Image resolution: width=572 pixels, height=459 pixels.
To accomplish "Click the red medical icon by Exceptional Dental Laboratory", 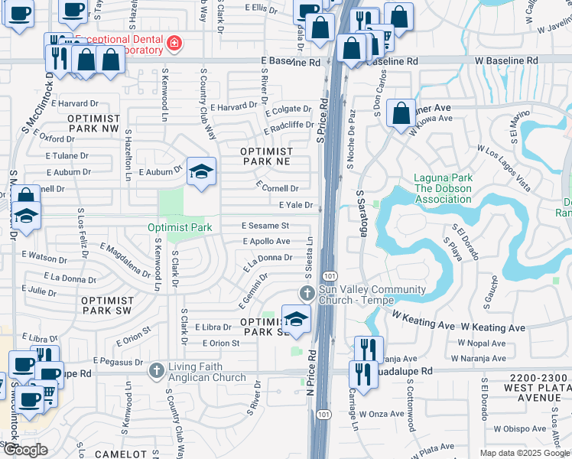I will point(175,43).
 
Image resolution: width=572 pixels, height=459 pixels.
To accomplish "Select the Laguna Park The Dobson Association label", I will point(443,188).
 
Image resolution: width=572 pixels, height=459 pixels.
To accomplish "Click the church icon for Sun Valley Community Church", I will point(307,293).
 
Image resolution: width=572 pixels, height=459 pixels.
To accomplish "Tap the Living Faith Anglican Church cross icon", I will point(157,370).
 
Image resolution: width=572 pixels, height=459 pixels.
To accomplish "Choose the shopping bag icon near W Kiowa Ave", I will point(401,114).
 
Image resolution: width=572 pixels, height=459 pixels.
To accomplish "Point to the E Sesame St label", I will point(265,226).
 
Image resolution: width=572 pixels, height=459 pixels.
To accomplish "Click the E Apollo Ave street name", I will point(266,241).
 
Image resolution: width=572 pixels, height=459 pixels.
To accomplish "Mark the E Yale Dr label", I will point(295,205).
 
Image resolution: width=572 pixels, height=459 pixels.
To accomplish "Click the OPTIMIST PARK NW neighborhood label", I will point(93,124).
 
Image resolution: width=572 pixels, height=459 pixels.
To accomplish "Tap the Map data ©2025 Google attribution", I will point(525,453).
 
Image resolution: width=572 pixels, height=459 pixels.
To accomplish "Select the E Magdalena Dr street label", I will point(125,259).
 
